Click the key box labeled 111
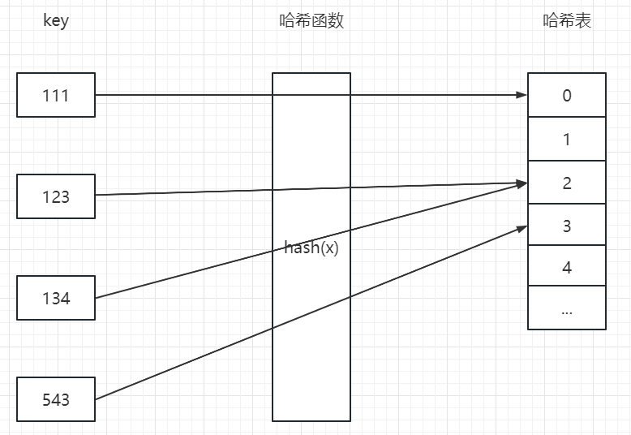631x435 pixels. (56, 95)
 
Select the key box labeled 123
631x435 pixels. (56, 196)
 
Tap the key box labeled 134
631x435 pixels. (56, 298)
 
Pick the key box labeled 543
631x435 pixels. (56, 399)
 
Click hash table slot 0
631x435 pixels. (567, 95)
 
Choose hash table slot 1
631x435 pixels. (567, 140)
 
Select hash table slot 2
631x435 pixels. (567, 183)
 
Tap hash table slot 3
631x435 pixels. (567, 226)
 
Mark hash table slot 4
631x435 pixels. (567, 267)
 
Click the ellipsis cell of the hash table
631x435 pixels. (567, 309)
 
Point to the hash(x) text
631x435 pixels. (311, 248)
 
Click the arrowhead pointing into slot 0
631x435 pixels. (522, 95)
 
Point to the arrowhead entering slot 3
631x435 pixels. (522, 228)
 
